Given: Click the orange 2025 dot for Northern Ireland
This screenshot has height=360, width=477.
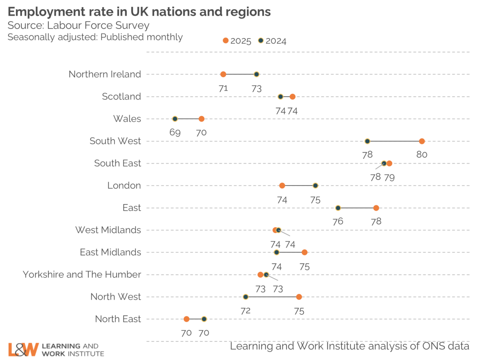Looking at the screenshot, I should click(223, 74).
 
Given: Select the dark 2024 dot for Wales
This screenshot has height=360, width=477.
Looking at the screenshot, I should click(175, 119).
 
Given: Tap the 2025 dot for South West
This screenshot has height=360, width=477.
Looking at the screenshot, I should click(422, 141).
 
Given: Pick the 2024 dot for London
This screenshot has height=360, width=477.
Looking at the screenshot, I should click(315, 186).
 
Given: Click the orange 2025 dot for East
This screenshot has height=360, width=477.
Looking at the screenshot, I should click(376, 208).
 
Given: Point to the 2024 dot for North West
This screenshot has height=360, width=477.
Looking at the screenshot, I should click(246, 297).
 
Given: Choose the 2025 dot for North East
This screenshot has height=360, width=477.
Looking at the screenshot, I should click(186, 319).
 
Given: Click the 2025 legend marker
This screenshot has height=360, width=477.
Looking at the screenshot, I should click(226, 41).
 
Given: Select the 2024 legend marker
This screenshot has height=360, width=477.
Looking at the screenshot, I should click(261, 41).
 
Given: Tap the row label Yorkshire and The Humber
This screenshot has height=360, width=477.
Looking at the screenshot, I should click(82, 275).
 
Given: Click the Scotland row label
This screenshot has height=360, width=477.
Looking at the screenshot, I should click(121, 97).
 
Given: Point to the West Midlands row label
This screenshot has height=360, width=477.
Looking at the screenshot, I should click(108, 230).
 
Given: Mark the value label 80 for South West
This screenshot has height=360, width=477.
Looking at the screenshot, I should click(422, 155).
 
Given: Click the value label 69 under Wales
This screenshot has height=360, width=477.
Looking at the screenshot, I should click(175, 132).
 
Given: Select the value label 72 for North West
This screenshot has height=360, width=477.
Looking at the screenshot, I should click(246, 310).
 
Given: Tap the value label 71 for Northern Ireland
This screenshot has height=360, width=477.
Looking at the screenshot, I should click(223, 88).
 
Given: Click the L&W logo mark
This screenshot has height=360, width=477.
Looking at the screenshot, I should click(23, 349).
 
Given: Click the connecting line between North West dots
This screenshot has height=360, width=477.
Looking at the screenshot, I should click(272, 297).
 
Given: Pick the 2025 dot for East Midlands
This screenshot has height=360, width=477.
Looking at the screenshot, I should click(304, 252).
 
